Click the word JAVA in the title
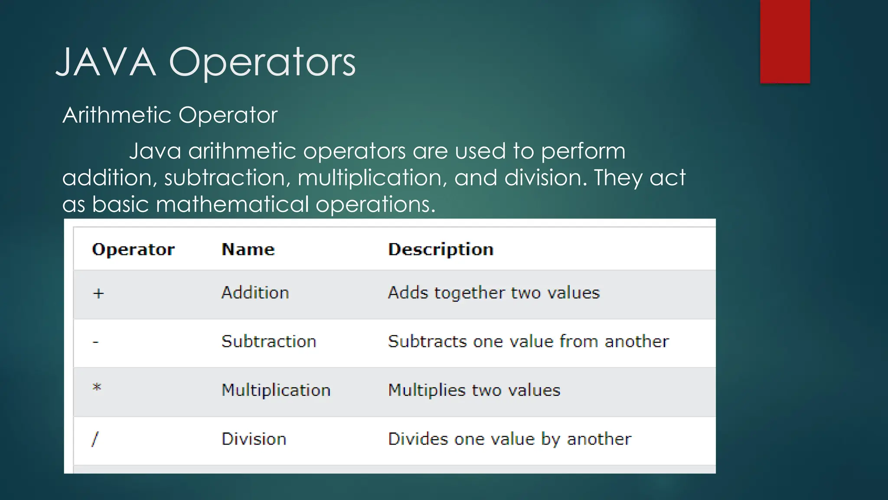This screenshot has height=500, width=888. pos(106,62)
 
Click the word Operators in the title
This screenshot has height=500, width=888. pos(262,62)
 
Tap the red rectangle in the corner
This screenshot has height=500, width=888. pos(785,41)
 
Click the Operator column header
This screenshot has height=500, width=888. pos(133,250)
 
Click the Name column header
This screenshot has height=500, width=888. pos(248,250)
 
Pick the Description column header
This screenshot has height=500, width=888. pos(441,250)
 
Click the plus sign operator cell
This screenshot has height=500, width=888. pos(98,294)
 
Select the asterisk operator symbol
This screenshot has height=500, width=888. pos(97,388)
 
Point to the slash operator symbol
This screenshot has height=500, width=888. pos(95,439)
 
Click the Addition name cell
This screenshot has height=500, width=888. pos(255,293)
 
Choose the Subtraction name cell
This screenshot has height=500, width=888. pos(269,342)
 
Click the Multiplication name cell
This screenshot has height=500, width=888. pos(276,390)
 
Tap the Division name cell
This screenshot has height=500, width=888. pos(254,439)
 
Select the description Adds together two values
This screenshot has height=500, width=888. pos(493,293)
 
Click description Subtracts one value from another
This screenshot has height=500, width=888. pos(528,342)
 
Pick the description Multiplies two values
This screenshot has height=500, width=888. pos(474,390)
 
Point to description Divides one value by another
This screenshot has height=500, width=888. pos(509,439)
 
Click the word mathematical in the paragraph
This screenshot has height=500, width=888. pos(232,204)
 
